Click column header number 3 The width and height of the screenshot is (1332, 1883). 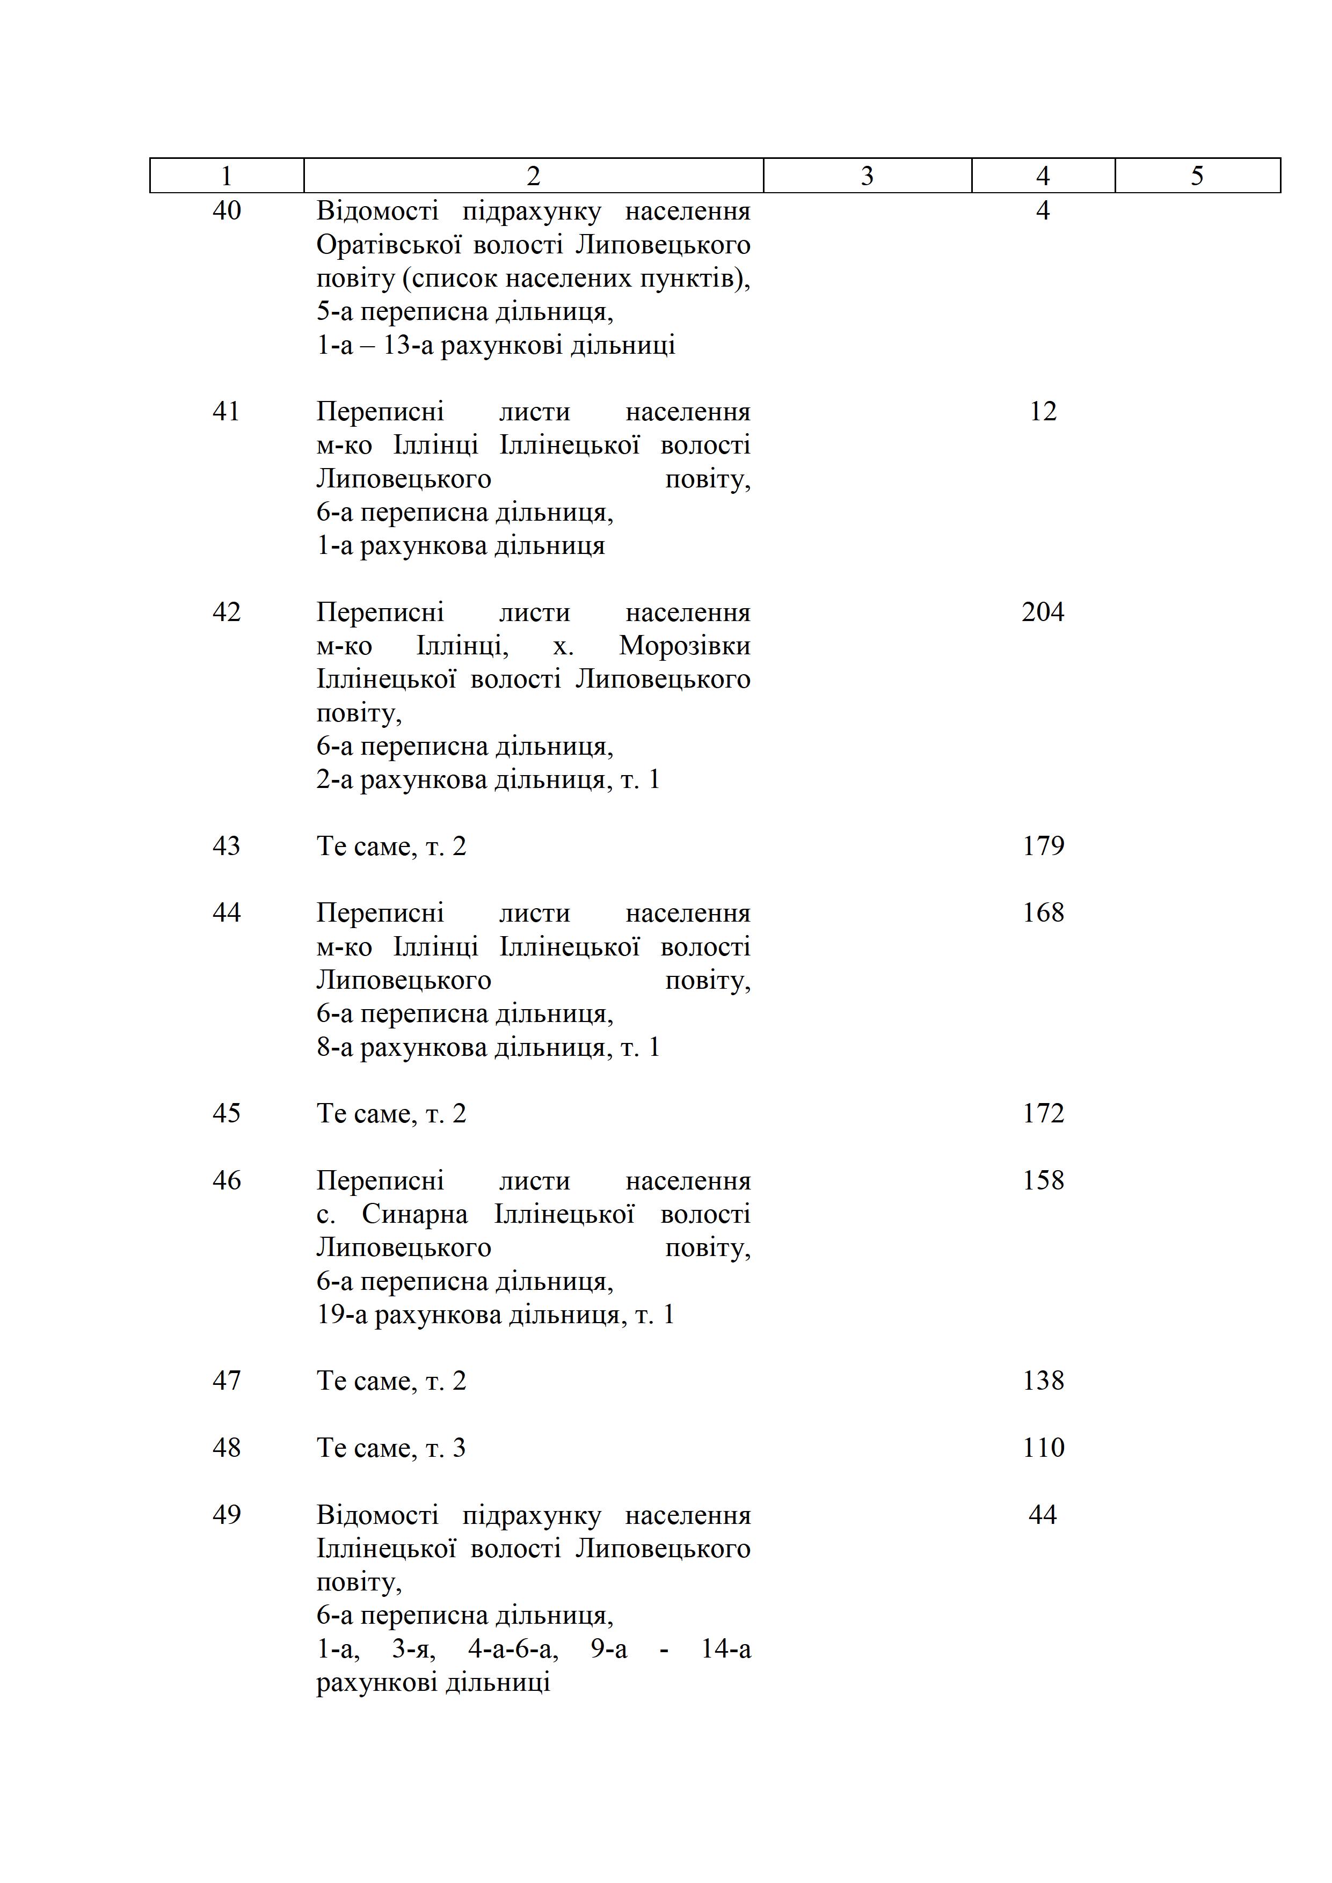click(867, 176)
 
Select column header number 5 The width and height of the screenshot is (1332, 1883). click(1197, 176)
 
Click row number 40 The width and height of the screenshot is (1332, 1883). click(227, 211)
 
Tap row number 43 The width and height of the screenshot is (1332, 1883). click(227, 845)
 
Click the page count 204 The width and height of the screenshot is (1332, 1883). click(1043, 612)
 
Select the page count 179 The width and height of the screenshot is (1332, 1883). click(1043, 845)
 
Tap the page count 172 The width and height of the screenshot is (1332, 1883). click(1043, 1113)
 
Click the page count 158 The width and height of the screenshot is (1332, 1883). click(1043, 1180)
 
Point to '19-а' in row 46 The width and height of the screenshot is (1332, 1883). click(342, 1315)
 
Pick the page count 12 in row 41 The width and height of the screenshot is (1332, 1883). click(1043, 411)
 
